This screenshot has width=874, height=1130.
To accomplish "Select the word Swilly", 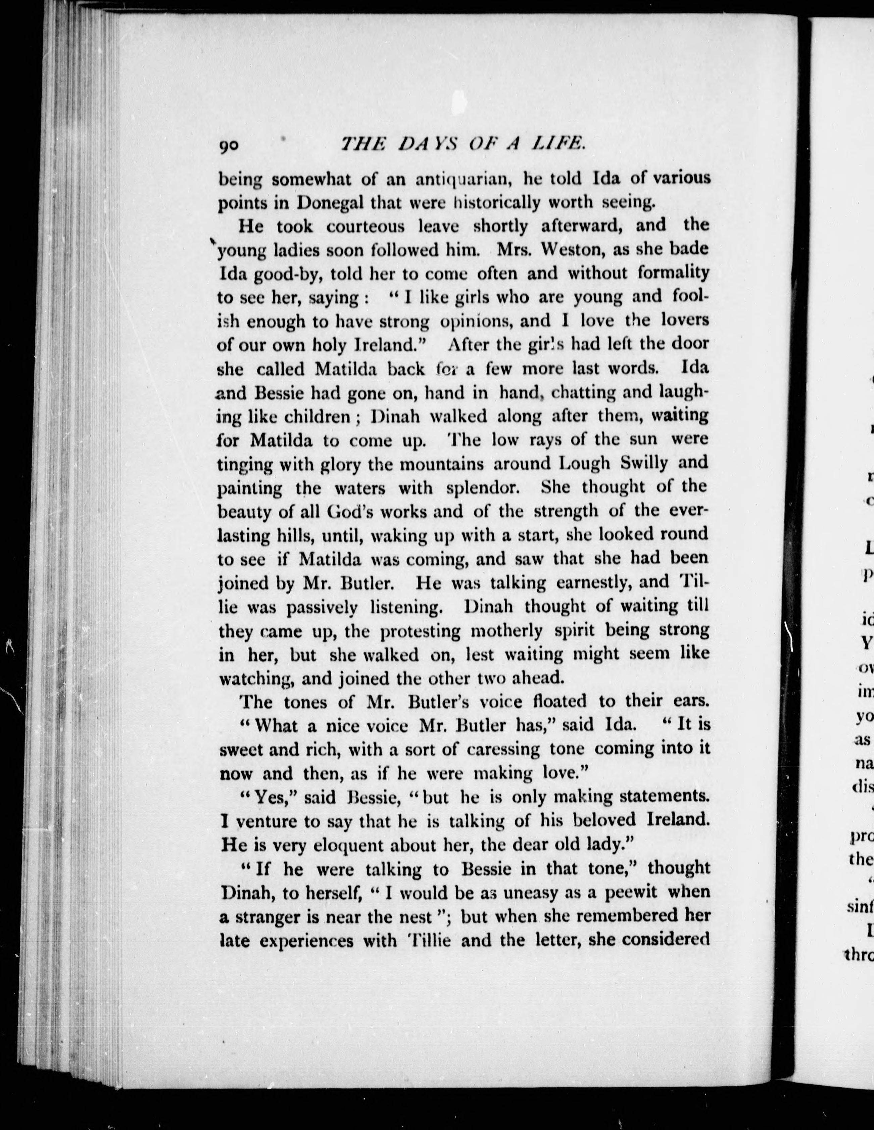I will (x=643, y=463).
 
